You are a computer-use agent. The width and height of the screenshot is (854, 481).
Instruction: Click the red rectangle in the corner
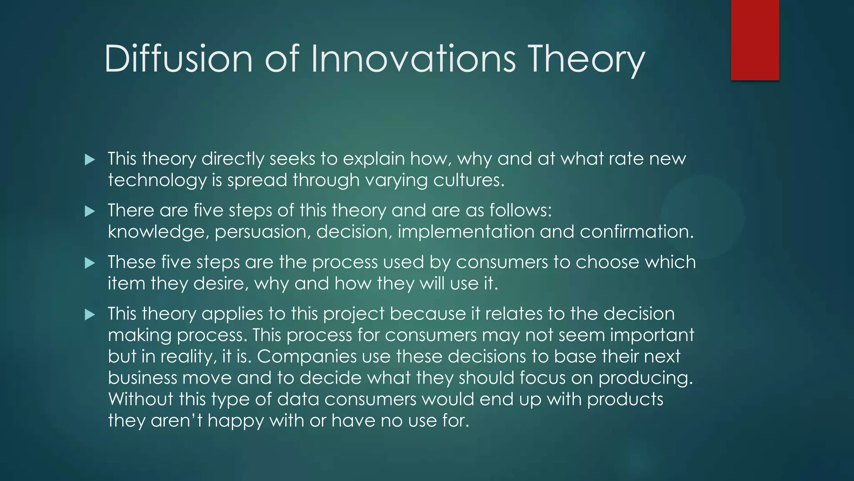pos(755,40)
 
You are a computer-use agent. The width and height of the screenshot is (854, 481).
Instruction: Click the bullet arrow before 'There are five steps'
pos(90,211)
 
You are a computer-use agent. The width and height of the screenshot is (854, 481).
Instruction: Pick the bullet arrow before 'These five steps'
pos(90,263)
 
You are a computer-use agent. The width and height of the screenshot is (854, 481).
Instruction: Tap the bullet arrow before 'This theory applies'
pos(90,314)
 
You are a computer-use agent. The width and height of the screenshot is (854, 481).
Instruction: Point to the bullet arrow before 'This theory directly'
pos(90,159)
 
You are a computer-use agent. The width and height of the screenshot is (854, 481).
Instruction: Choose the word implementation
pos(466,232)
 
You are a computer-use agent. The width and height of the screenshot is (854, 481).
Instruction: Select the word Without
pos(141,399)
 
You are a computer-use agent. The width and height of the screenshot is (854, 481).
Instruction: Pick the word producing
pos(645,378)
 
